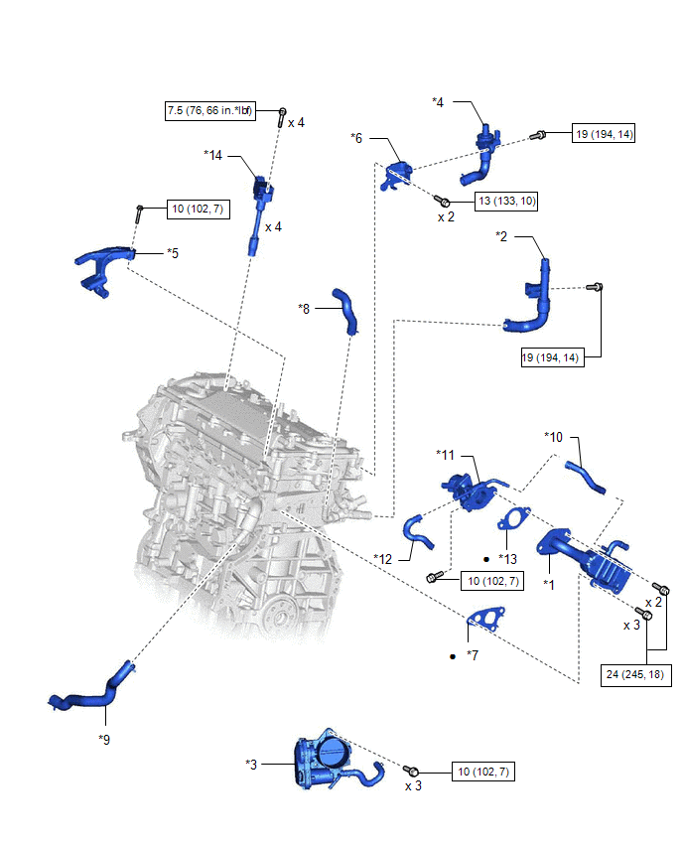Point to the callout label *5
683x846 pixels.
tap(173, 253)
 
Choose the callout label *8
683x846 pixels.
tap(305, 309)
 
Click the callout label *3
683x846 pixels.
tap(251, 764)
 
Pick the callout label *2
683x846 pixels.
tap(502, 236)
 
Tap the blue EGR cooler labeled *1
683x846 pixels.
tap(581, 557)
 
